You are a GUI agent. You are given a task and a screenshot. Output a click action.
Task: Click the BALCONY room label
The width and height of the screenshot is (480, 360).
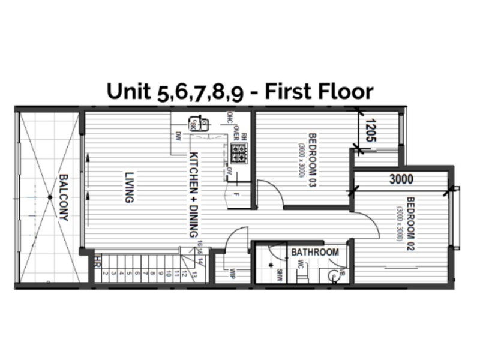pos(63,197)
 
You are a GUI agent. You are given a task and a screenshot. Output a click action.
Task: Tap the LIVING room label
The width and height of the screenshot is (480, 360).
pos(128,187)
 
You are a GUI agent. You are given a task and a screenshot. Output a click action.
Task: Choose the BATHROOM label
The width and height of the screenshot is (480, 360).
pos(315,253)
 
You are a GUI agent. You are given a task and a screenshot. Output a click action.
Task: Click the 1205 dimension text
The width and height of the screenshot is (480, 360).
pos(370,130)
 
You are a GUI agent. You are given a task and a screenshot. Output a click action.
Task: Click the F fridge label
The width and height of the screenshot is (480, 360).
pos(237,196)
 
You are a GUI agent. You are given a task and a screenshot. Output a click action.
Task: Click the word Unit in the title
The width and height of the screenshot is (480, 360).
pos(127,91)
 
